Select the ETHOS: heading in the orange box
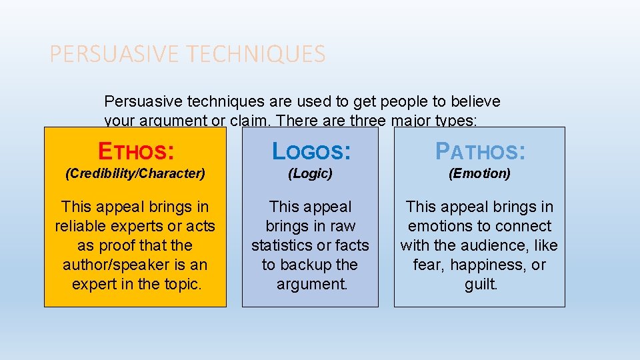pos(136,151)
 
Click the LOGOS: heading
pos(310,151)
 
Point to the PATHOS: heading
pos(480,151)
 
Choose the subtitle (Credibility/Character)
pos(135,173)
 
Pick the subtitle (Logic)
pos(310,173)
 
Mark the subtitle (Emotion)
pos(479,173)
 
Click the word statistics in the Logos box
pos(283,245)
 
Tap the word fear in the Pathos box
pos(427,265)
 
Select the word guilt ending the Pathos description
pos(480,284)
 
